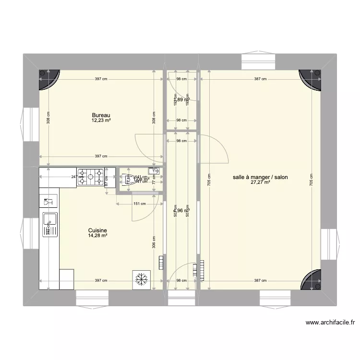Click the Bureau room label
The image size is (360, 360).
pyautogui.click(x=101, y=115)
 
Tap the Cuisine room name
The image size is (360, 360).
pyautogui.click(x=97, y=230)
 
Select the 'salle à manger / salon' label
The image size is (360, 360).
pyautogui.click(x=260, y=177)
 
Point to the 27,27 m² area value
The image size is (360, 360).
pyautogui.click(x=260, y=182)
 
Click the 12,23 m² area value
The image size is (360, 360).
pyautogui.click(x=101, y=120)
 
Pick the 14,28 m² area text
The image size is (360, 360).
pyautogui.click(x=97, y=236)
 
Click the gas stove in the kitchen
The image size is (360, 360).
pyautogui.click(x=91, y=176)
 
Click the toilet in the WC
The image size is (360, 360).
pyautogui.click(x=129, y=180)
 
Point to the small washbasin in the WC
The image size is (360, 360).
pyautogui.click(x=155, y=170)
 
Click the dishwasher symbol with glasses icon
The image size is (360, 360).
pyautogui.click(x=48, y=202)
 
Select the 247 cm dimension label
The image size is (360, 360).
pyautogui.click(x=74, y=177)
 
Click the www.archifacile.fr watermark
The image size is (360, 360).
pyautogui.click(x=328, y=323)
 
